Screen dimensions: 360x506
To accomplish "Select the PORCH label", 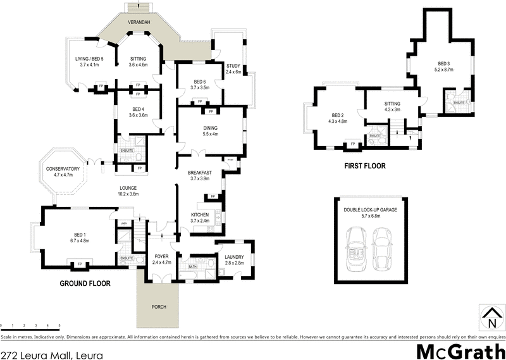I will coord(159,307).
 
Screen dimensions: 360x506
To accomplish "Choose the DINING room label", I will coord(210,130).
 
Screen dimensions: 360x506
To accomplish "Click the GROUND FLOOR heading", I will coord(87,284).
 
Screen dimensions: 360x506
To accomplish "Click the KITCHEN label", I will coord(200,217).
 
